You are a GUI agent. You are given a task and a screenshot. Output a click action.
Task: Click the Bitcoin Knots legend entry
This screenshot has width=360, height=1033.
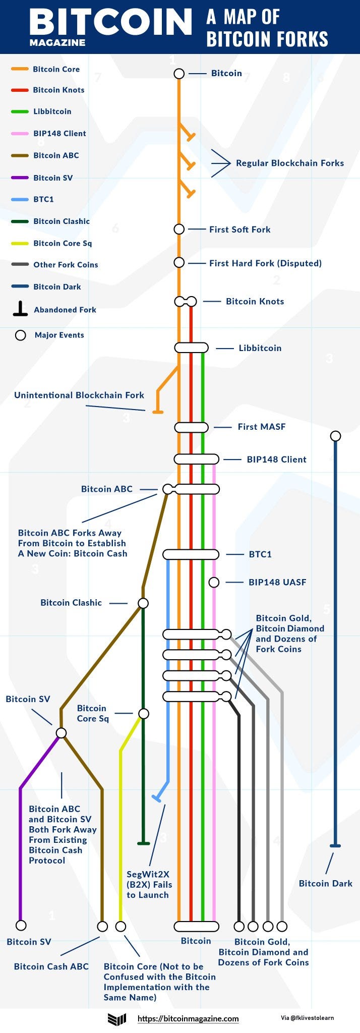[x=58, y=90]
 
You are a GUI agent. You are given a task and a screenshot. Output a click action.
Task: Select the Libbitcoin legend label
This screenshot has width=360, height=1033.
[x=52, y=111]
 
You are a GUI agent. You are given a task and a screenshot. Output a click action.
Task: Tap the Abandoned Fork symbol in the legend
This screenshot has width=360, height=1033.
[x=20, y=309]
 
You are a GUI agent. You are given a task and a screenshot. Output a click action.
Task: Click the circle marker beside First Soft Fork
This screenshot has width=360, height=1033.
[x=179, y=229]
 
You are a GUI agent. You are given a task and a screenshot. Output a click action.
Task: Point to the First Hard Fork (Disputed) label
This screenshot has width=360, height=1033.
[x=265, y=263]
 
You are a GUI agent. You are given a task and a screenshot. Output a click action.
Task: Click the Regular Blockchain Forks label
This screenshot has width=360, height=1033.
[x=290, y=163]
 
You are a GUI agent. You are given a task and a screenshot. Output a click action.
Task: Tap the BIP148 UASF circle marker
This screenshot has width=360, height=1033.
[x=214, y=582]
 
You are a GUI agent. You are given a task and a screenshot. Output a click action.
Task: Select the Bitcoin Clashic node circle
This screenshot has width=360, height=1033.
[x=143, y=603]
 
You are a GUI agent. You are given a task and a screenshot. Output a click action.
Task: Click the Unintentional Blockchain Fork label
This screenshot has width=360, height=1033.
[x=79, y=395]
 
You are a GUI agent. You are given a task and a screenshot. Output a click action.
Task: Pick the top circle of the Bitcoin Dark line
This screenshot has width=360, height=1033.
[x=335, y=436]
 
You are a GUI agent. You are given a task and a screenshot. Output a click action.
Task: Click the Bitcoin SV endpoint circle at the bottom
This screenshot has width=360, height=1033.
[x=21, y=925]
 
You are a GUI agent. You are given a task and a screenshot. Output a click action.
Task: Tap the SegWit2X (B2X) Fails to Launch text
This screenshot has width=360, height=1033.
[x=149, y=884]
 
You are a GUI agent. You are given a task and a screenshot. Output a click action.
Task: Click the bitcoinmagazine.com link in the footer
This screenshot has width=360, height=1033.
[x=188, y=1018]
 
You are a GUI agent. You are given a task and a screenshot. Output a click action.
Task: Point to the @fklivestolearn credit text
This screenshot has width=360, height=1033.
[x=307, y=1017]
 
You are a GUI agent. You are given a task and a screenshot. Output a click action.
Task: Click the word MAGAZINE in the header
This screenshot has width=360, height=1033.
[x=57, y=43]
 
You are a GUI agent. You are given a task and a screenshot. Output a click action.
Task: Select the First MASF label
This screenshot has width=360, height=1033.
[x=262, y=427]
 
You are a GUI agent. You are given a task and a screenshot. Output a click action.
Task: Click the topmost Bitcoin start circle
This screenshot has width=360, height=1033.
[x=179, y=74]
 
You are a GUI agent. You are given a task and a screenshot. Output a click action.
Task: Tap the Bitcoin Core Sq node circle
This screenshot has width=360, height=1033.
[x=144, y=713]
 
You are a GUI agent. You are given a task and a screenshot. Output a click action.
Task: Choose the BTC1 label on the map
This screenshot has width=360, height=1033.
[x=260, y=554]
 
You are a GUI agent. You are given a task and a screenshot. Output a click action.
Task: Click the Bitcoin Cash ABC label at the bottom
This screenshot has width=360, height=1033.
[x=51, y=966]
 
